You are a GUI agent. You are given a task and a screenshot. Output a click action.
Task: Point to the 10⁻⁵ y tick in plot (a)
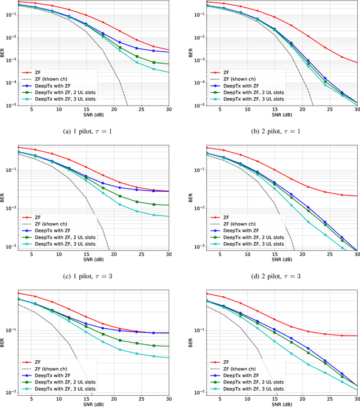[10, 105]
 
